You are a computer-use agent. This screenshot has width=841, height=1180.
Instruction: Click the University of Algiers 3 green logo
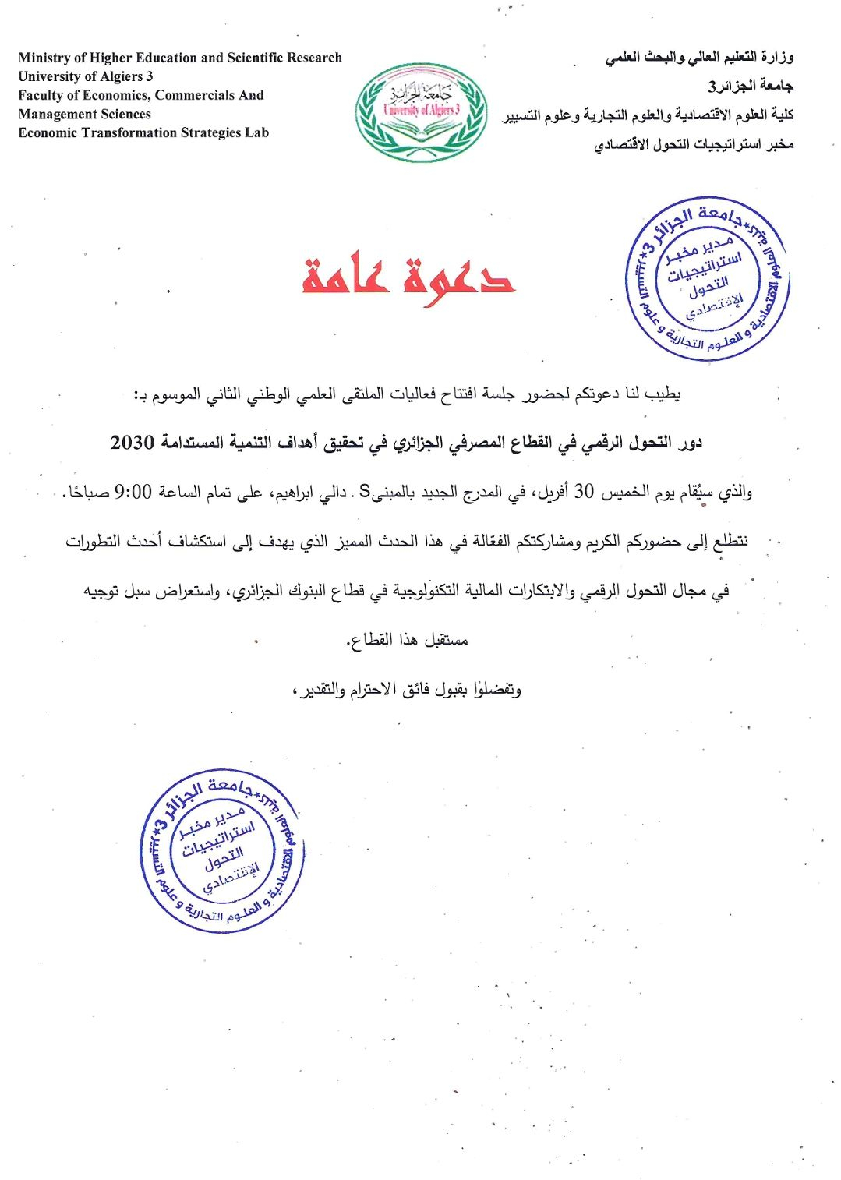coord(421,112)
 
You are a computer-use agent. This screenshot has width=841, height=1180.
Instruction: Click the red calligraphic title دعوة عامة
coord(408,277)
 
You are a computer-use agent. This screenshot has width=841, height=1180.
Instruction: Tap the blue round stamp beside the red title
coord(708,279)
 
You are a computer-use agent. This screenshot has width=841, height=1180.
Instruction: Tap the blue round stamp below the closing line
coord(223,850)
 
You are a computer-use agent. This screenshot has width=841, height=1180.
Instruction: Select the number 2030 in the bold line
coord(133,443)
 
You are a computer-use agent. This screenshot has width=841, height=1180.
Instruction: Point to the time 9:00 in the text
coord(133,492)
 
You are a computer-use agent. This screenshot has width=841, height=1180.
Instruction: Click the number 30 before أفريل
coord(584,492)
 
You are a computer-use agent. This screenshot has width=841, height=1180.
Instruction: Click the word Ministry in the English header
coord(44,58)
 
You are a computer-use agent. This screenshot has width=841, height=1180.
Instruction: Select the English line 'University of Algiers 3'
coord(86,76)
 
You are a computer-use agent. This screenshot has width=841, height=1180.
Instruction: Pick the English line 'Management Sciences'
coord(84,114)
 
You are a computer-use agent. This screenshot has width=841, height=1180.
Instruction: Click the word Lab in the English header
coord(256,132)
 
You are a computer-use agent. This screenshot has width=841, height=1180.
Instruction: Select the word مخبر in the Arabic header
coord(777,144)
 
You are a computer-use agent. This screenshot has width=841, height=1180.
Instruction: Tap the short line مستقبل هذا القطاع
coord(407,640)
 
